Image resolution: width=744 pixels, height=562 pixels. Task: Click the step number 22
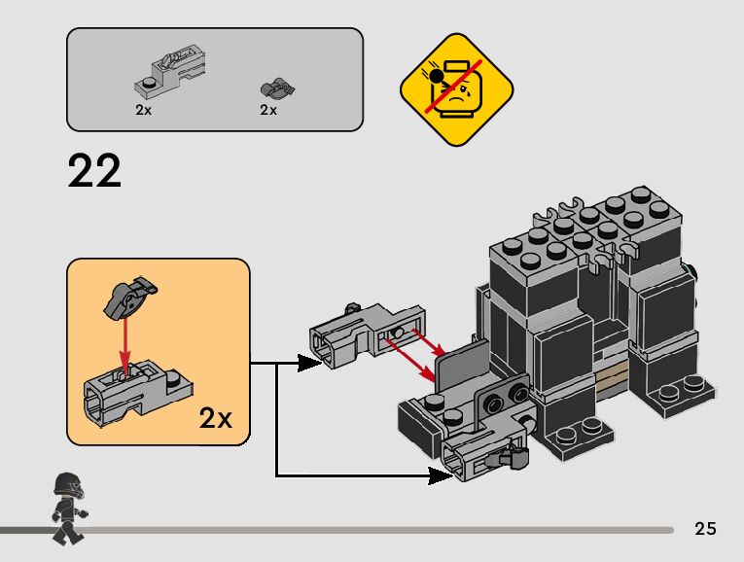[95, 172]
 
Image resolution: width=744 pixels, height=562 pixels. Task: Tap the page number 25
[706, 529]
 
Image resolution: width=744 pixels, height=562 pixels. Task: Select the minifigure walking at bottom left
[67, 506]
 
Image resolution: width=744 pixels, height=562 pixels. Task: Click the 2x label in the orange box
[216, 418]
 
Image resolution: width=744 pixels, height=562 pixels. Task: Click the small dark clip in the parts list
[277, 88]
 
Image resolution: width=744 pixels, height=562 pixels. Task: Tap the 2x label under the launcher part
[144, 110]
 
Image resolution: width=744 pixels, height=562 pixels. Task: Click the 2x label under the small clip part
[268, 110]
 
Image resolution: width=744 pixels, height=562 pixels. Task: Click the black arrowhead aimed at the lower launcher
[437, 475]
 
